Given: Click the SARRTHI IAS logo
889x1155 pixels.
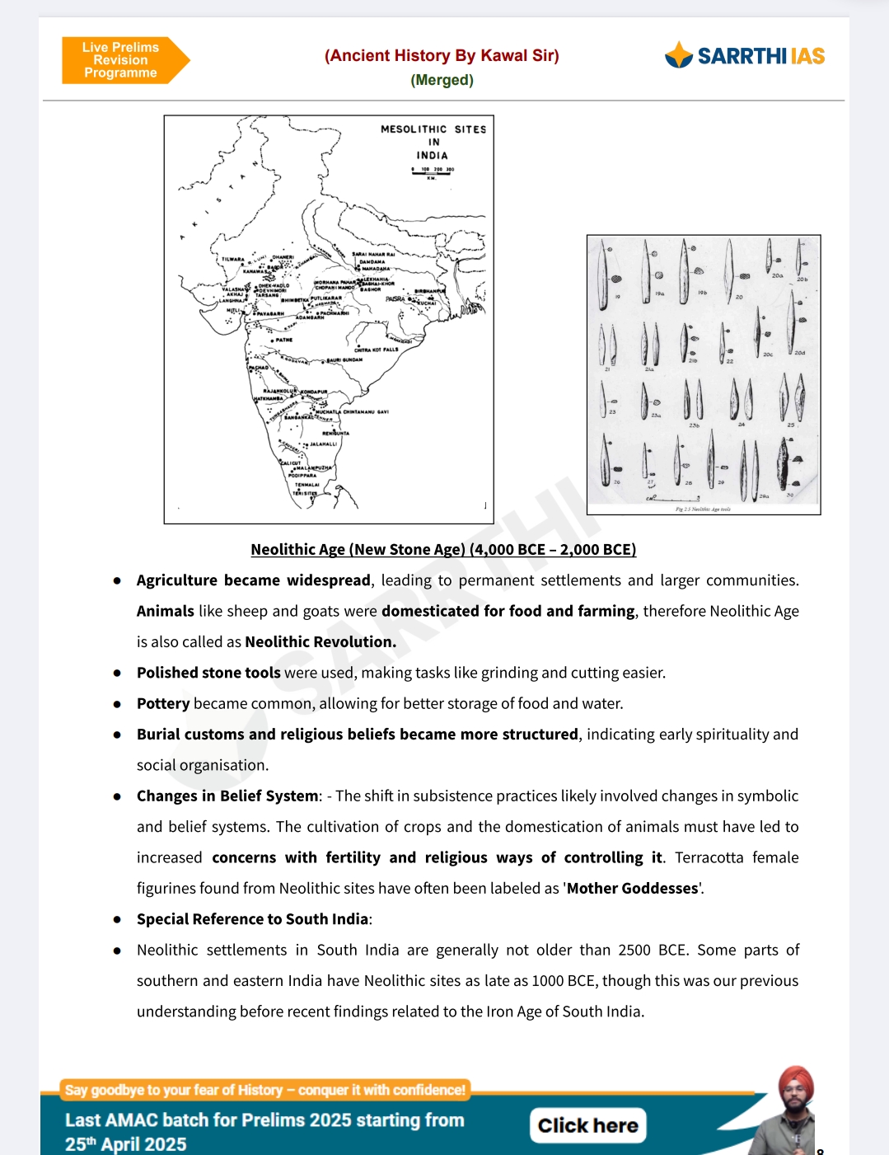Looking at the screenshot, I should click(745, 55).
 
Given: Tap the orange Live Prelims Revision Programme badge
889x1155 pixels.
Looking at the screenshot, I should click(121, 60).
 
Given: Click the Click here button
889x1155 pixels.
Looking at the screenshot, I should click(587, 1125).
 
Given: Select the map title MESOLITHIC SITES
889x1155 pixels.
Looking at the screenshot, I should click(433, 129).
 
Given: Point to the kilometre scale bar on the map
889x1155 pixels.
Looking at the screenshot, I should click(433, 171).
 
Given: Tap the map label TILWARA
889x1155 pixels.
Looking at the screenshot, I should click(232, 260).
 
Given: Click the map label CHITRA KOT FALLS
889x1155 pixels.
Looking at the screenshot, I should click(376, 350).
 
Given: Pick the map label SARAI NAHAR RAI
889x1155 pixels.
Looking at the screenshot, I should click(373, 254).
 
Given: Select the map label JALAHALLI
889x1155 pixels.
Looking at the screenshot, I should click(322, 444).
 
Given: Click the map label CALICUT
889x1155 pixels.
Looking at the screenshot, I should click(291, 462).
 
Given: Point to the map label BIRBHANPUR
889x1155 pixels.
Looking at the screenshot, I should click(429, 291).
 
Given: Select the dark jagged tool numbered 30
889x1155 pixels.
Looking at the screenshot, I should click(784, 465).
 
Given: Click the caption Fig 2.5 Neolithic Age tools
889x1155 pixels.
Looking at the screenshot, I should click(703, 509).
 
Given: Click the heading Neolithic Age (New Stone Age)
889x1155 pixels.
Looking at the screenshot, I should click(443, 549).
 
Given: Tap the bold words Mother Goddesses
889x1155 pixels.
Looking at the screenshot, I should click(632, 888).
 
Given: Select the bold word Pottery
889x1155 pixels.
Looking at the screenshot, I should click(163, 703).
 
